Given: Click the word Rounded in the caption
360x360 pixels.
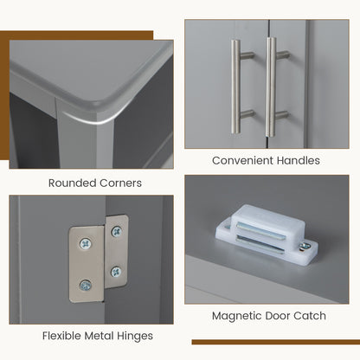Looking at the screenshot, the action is click(x=73, y=183).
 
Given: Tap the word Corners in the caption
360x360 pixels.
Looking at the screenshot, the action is click(x=120, y=183).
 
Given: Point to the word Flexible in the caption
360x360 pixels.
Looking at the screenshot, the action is click(x=61, y=336).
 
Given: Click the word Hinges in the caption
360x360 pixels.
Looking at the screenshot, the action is click(x=135, y=337).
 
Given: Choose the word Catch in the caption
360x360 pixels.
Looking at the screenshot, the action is click(x=310, y=316).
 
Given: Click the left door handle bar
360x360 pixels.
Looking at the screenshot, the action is click(x=235, y=87).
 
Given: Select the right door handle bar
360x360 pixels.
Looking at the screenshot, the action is click(x=271, y=87).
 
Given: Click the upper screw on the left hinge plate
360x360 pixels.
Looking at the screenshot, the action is click(x=86, y=244).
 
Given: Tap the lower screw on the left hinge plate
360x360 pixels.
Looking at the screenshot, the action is click(x=86, y=286).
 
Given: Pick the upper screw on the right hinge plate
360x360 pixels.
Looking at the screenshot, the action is click(x=116, y=231).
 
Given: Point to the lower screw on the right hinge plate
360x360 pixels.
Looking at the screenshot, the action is click(x=116, y=272).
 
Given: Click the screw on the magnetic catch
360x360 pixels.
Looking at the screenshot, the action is click(x=305, y=247).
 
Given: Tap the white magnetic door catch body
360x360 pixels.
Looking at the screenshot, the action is click(x=267, y=232).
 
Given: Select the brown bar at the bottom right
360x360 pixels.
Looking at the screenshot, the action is click(x=276, y=342).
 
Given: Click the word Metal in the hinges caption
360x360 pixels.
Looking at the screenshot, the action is click(x=99, y=336).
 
